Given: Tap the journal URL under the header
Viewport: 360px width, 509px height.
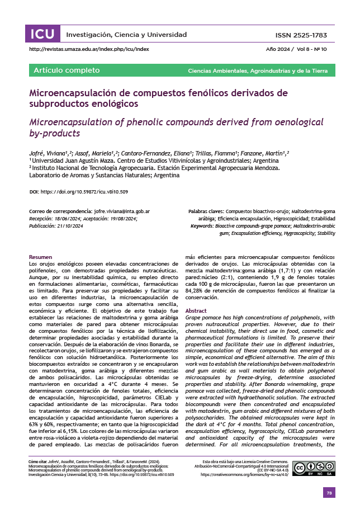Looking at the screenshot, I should coord(89,49).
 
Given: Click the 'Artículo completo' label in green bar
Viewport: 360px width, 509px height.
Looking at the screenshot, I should coord(67,70).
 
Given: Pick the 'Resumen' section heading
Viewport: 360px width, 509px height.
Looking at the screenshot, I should coord(40,257).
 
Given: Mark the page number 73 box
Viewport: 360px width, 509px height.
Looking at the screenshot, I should coord(329,492).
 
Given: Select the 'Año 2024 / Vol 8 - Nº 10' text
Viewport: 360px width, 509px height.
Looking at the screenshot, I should coord(297,49).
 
